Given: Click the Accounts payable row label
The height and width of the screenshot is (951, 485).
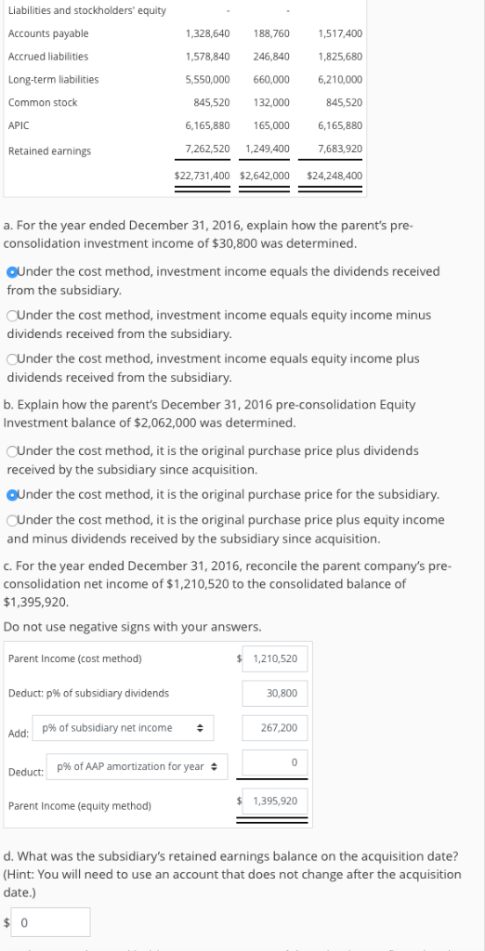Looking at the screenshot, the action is [48, 34].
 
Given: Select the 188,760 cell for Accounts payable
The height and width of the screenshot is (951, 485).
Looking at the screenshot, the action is [270, 34].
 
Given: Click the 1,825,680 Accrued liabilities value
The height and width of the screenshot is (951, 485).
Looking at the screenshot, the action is [339, 57].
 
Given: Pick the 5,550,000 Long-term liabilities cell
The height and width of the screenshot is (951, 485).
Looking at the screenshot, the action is [207, 80].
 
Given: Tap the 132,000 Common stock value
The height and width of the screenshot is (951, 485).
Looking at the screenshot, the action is [271, 102].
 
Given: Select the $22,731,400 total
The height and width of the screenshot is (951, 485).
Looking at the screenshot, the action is [202, 175].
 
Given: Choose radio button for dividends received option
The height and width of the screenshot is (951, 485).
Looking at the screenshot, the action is [11, 272].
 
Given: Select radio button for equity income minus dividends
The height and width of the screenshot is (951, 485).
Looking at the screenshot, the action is [12, 315].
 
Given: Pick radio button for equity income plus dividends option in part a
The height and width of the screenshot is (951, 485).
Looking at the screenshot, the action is [12, 358].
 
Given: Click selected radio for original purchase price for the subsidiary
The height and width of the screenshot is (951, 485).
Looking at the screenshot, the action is [12, 494].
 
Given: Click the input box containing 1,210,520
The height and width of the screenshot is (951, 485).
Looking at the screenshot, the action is [274, 658].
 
